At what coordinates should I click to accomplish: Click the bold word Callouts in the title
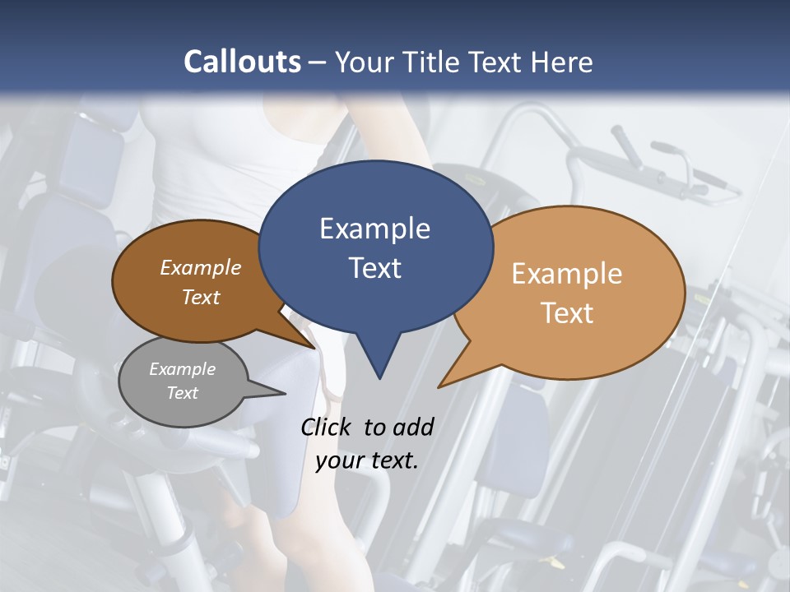tap(242, 62)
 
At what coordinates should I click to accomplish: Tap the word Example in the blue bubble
tap(374, 229)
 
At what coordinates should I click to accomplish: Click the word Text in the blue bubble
tap(374, 268)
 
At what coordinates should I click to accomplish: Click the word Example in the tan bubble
tap(566, 274)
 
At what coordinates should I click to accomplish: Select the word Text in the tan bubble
tap(566, 313)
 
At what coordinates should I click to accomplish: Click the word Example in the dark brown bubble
tap(201, 268)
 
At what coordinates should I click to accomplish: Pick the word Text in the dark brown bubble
tap(201, 297)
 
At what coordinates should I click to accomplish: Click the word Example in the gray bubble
tap(182, 369)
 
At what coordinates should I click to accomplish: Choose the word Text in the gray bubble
tap(182, 393)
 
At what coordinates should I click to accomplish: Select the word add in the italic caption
tap(412, 427)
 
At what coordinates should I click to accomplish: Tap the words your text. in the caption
tap(366, 460)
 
